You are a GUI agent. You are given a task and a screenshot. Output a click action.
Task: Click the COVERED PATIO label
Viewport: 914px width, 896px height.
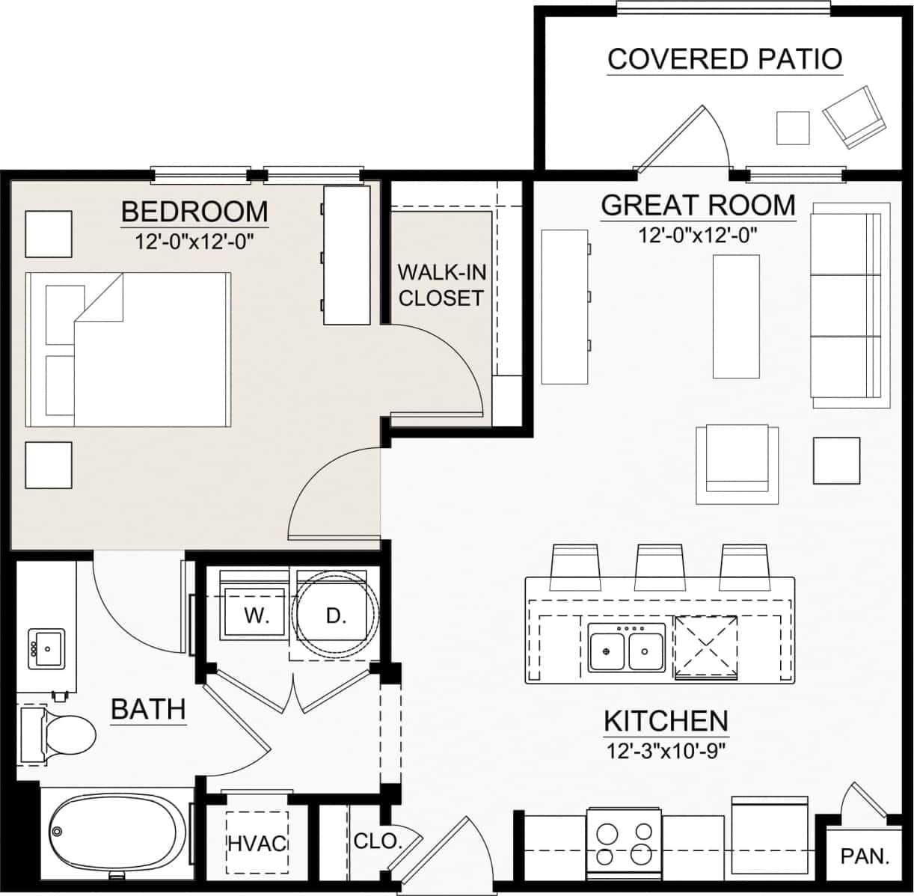(x=724, y=58)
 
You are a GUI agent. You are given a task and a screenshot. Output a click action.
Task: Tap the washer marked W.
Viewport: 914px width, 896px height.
(x=256, y=616)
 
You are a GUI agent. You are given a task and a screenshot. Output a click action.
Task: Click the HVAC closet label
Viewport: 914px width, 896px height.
(x=257, y=844)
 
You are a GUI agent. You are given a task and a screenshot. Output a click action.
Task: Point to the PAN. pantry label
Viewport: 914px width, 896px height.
(x=865, y=856)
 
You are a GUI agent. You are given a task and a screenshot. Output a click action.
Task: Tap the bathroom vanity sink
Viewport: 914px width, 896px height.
(x=46, y=648)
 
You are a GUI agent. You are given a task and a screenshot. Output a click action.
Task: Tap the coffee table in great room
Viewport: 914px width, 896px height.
(x=736, y=316)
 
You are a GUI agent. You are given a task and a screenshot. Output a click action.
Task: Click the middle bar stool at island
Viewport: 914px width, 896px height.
(x=660, y=567)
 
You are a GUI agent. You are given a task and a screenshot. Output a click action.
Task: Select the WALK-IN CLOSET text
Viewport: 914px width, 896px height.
(x=441, y=285)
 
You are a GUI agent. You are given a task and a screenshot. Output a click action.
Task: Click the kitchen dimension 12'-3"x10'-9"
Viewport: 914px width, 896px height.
(x=665, y=750)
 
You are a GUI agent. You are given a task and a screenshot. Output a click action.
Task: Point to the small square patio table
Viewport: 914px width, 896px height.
(x=792, y=128)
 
